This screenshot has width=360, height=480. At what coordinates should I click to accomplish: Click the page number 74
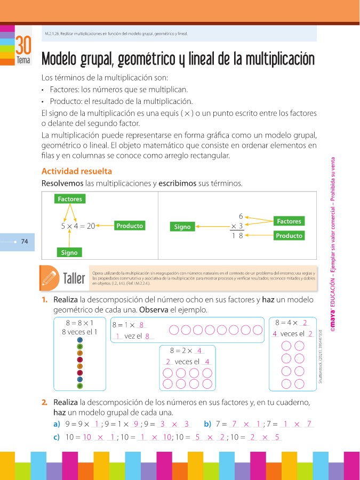coord(24,242)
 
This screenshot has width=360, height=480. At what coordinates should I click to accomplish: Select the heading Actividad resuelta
coord(77,171)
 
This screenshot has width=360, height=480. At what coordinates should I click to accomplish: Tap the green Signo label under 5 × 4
coord(69,252)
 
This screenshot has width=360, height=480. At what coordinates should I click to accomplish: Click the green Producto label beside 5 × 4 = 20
coord(130,226)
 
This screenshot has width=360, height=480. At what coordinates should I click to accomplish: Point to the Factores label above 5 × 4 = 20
coord(70,199)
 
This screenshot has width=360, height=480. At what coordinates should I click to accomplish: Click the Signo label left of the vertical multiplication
coord(182,227)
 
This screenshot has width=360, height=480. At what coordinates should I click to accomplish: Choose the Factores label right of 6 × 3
coord(289,221)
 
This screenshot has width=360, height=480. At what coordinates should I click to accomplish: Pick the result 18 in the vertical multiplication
coord(237,236)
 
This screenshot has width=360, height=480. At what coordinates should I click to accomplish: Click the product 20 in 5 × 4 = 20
coord(90,226)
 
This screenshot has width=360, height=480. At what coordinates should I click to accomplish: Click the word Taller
coord(74,279)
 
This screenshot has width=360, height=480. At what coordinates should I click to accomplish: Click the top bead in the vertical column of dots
coord(80,340)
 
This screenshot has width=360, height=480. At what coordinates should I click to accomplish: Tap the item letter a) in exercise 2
coord(56,424)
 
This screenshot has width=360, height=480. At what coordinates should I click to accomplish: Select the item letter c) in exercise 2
coord(56,437)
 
